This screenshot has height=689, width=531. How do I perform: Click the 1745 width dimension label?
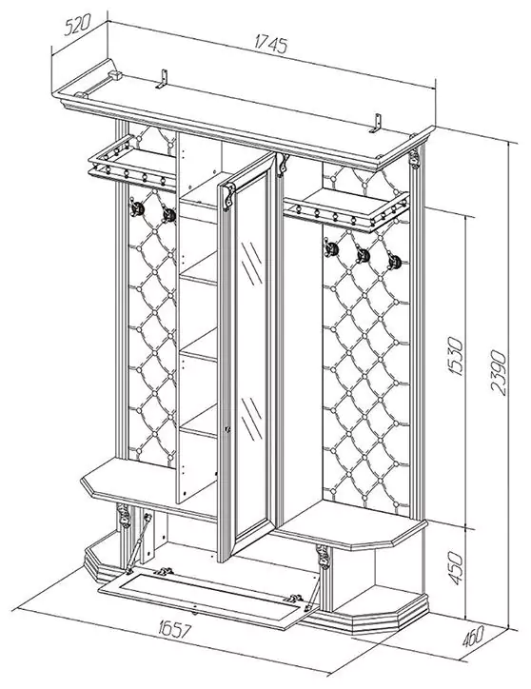[271, 45]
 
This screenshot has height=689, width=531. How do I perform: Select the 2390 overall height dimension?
[498, 373]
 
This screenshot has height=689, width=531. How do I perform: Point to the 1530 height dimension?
[456, 356]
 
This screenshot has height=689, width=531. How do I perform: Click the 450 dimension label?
[456, 568]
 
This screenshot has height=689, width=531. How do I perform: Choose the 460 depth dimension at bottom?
[473, 636]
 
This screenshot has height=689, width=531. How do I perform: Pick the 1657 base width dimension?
[174, 629]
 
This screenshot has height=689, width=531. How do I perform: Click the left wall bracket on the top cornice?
[162, 79]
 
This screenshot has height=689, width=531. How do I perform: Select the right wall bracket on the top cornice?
[376, 123]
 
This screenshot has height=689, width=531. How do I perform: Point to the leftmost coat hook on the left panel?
[136, 207]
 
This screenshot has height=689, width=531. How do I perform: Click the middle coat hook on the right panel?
[364, 255]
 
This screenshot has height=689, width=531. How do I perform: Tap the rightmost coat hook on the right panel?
[395, 262]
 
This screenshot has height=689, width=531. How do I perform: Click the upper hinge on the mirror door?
[228, 197]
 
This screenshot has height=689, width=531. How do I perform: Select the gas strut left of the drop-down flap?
[139, 543]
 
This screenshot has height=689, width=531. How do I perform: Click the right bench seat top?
[352, 525]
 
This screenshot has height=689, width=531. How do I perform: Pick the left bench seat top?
[149, 483]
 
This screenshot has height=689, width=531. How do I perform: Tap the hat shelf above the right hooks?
[347, 208]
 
